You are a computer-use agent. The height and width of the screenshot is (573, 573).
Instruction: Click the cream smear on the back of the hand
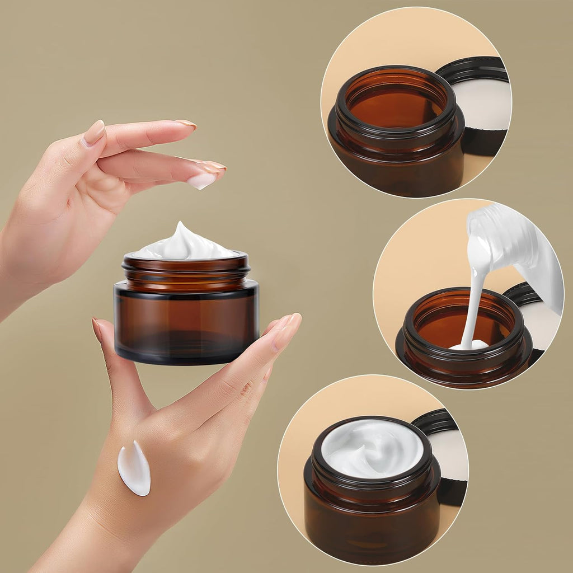pyautogui.click(x=134, y=469)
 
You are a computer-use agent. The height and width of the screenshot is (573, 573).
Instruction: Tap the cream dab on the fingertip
pyautogui.click(x=201, y=180)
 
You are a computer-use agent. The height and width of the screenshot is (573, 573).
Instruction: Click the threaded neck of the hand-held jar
pyautogui.click(x=186, y=272)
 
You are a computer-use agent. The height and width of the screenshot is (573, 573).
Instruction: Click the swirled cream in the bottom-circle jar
pyautogui.click(x=372, y=448)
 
